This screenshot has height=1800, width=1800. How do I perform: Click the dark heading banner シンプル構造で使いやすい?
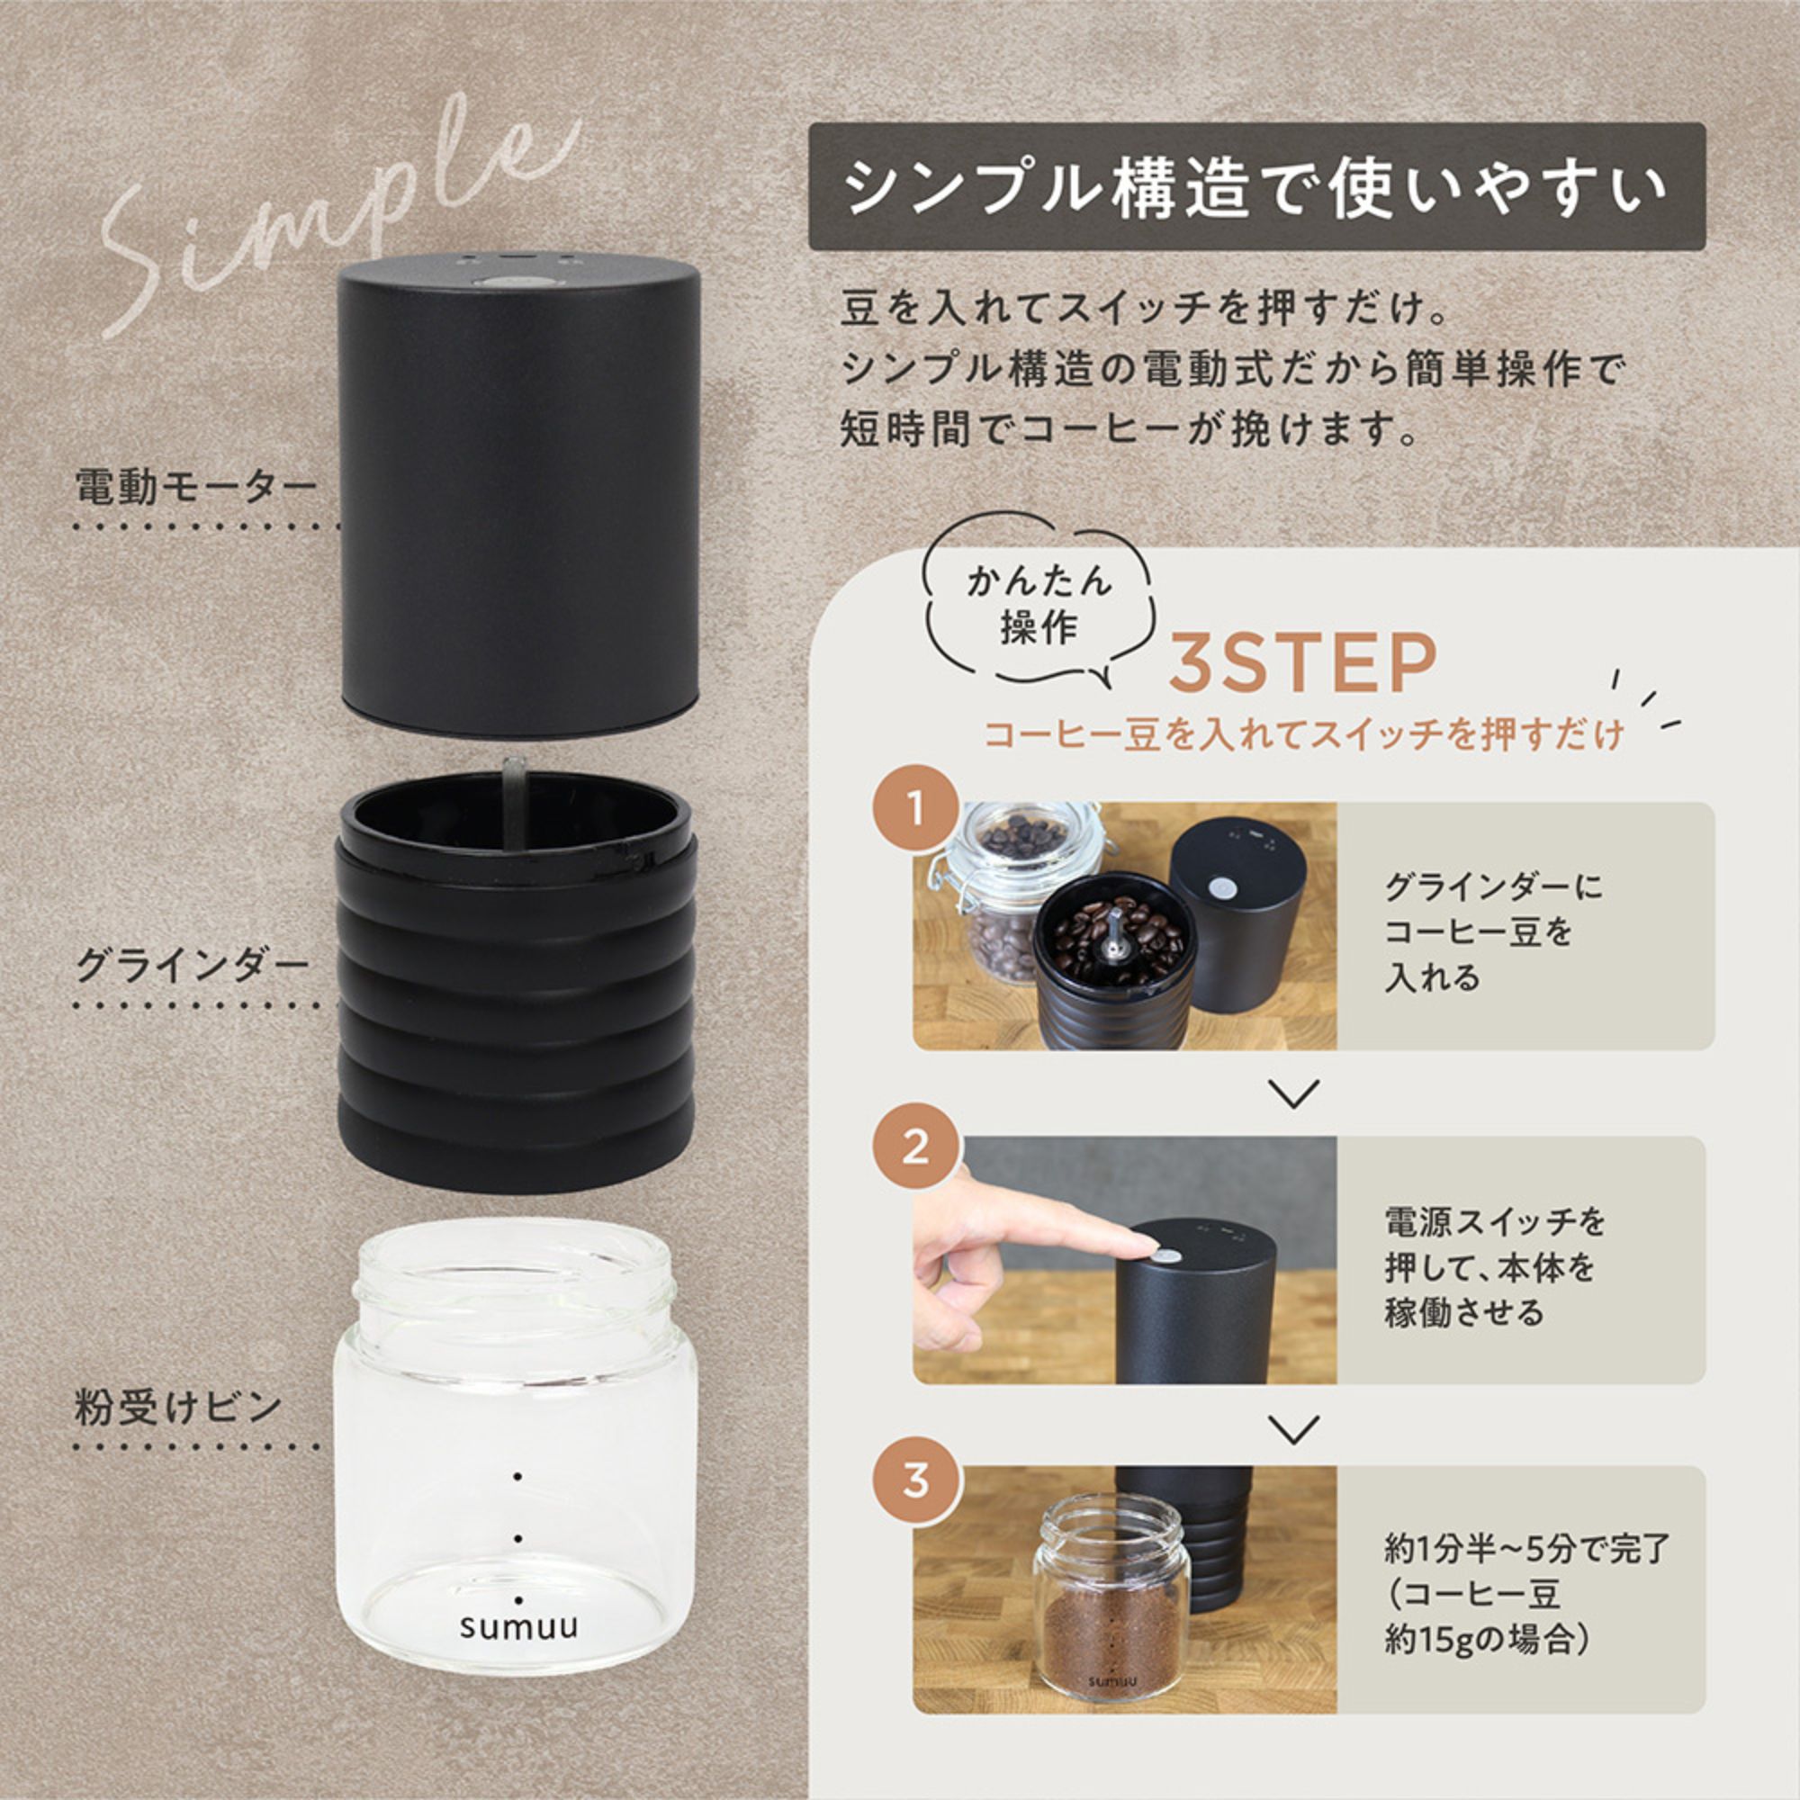pos(1255,187)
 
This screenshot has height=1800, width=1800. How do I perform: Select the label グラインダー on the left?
pos(192,965)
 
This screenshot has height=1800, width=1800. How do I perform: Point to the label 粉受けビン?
pos(178,1407)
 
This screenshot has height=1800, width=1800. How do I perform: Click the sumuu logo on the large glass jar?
pos(518,1625)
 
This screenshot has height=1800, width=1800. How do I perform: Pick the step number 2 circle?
pos(916,1147)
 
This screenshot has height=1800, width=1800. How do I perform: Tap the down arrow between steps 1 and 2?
pos(1294,1093)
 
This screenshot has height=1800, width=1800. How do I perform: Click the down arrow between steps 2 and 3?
pos(1294,1428)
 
